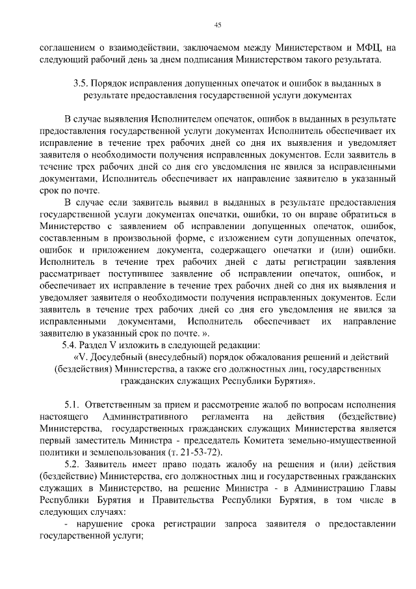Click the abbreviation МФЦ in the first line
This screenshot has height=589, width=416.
point(367,47)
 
